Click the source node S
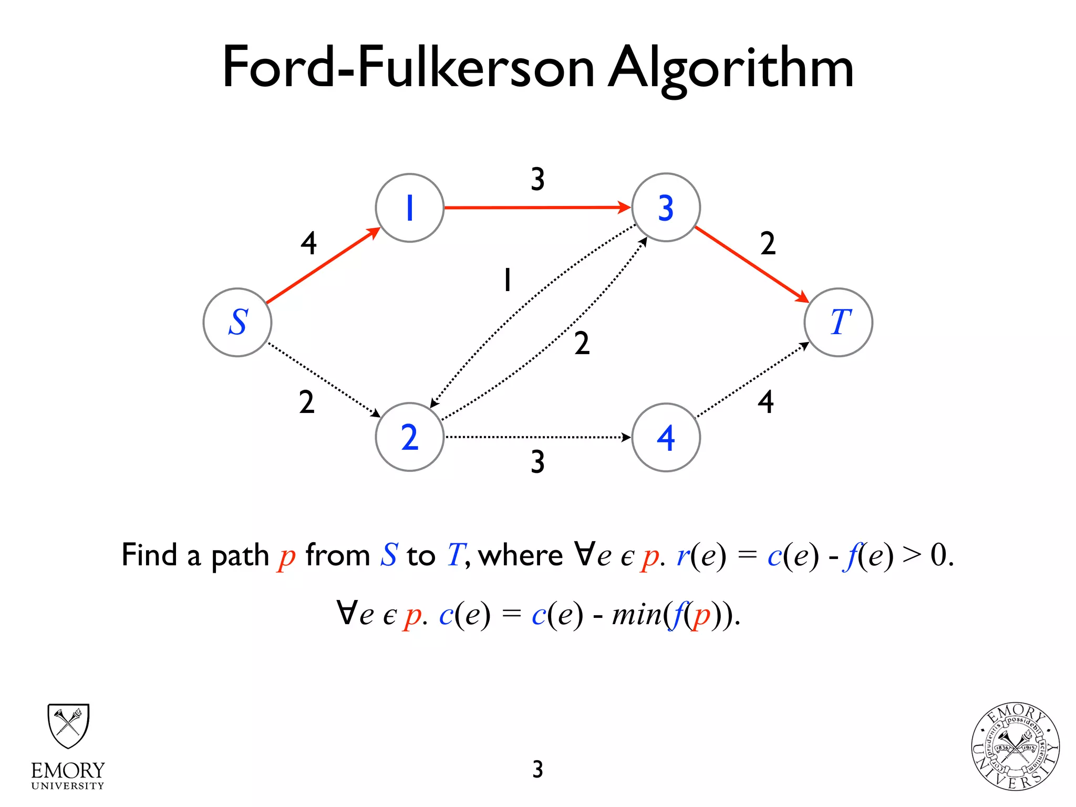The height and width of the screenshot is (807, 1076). click(237, 322)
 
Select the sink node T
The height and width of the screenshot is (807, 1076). click(839, 322)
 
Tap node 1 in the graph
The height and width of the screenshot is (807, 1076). click(410, 208)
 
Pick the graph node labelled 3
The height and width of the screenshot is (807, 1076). click(666, 208)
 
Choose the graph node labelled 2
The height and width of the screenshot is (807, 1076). click(410, 437)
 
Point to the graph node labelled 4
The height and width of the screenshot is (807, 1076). click(666, 437)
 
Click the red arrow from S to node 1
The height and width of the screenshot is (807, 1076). click(323, 266)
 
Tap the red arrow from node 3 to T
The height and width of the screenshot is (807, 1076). click(751, 264)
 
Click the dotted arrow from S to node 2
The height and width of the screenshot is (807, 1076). click(323, 379)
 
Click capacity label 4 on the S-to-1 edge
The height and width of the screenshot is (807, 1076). click(309, 243)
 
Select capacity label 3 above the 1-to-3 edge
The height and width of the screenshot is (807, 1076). click(537, 179)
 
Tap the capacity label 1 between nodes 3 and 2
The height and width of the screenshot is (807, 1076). click(507, 280)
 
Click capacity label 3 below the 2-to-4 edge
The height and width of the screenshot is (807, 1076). click(537, 462)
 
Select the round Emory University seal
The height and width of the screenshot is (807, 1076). click(1015, 746)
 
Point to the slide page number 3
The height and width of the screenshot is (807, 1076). click(537, 769)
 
